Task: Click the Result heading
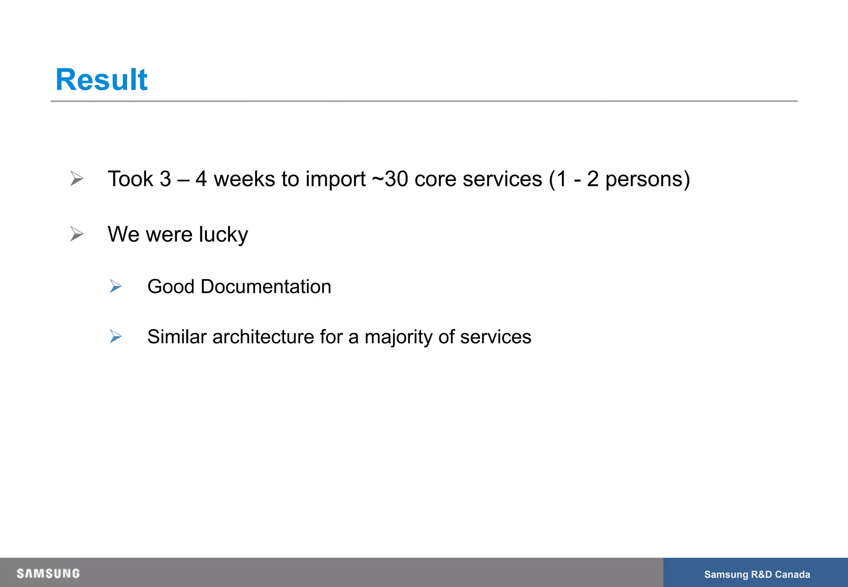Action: (x=101, y=79)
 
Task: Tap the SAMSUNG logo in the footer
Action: (x=48, y=573)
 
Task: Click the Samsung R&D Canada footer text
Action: (x=757, y=574)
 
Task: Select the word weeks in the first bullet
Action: (x=244, y=179)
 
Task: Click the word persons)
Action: (x=648, y=180)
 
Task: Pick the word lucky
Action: (x=223, y=234)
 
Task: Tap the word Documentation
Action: (x=266, y=286)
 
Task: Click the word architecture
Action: (x=263, y=337)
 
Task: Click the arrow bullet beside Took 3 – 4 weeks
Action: (x=77, y=178)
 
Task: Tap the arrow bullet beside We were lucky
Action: (x=77, y=234)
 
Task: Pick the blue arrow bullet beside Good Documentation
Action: (x=116, y=286)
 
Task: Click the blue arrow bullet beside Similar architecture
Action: (x=116, y=336)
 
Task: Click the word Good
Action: (x=171, y=286)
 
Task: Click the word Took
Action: (x=130, y=179)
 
